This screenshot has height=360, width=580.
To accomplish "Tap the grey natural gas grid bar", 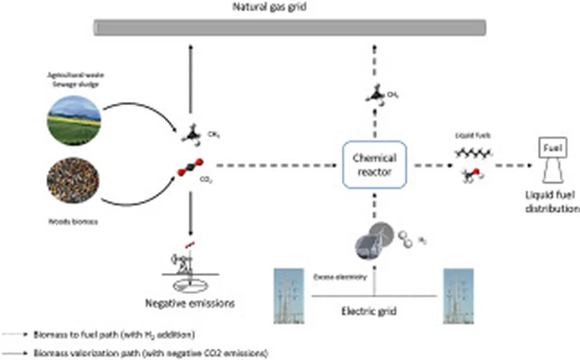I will pos(289,27).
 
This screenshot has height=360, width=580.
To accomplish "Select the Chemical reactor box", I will pos(374,165).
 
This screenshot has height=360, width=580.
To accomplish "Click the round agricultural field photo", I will pos(74,119).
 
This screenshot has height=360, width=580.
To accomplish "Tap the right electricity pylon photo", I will pos(458,295).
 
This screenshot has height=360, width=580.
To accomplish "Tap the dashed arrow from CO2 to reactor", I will pos(266,166).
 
